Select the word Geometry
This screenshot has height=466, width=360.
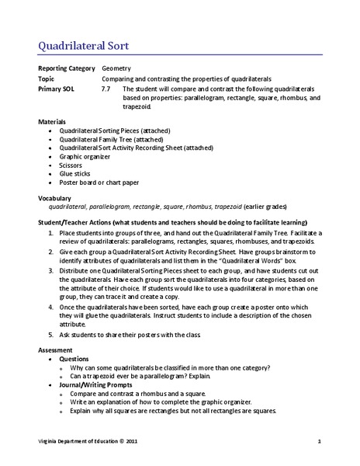coord(117,68)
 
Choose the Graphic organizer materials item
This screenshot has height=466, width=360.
coord(86,155)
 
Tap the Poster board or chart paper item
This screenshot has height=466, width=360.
coord(99,183)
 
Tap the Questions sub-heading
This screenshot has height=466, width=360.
coord(75,360)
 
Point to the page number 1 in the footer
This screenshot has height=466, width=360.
coord(320,442)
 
